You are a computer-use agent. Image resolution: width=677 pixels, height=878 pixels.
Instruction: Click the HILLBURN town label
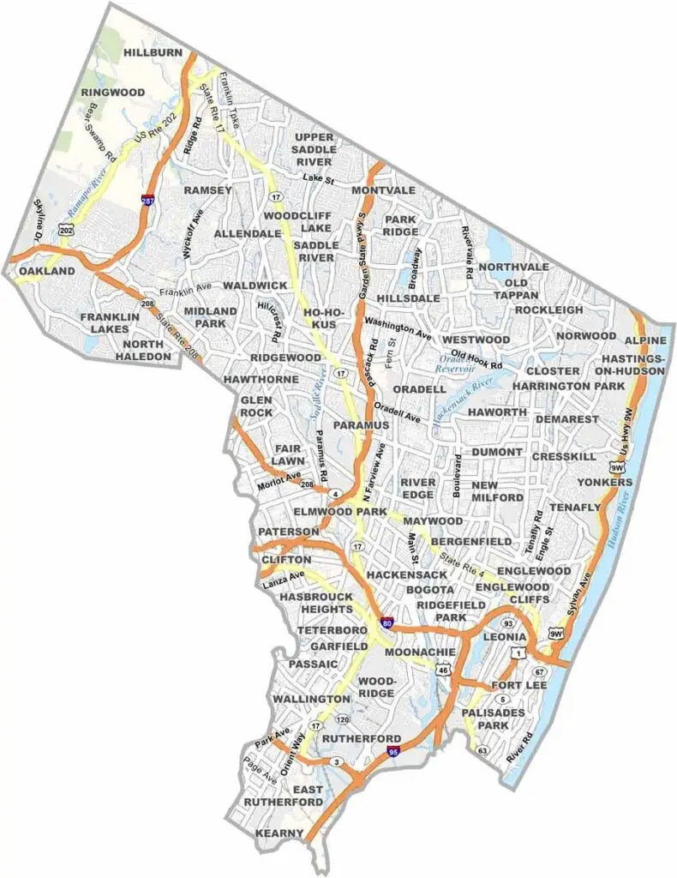pos(153,52)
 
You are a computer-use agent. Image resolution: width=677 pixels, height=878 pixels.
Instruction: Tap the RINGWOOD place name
pos(112,92)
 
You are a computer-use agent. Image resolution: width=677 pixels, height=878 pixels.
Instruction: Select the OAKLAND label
pos(47,271)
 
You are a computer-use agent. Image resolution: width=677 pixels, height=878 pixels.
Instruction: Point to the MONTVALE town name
pos(383,189)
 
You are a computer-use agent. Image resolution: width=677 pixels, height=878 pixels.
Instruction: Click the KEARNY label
pos(279,833)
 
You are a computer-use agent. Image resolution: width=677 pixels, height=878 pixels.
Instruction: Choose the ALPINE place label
pos(645,340)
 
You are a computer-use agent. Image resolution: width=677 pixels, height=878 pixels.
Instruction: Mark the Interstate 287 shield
pos(147,201)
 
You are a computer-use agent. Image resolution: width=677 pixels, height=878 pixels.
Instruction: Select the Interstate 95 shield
pos(393,752)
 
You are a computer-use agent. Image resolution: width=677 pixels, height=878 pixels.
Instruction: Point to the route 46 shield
pos(442,671)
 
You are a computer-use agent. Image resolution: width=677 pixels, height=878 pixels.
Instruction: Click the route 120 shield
pos(344,719)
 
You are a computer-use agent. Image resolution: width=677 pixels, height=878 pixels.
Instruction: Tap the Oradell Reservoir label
pos(456,363)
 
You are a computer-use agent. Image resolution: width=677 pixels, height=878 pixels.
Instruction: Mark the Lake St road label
pos(323,177)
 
